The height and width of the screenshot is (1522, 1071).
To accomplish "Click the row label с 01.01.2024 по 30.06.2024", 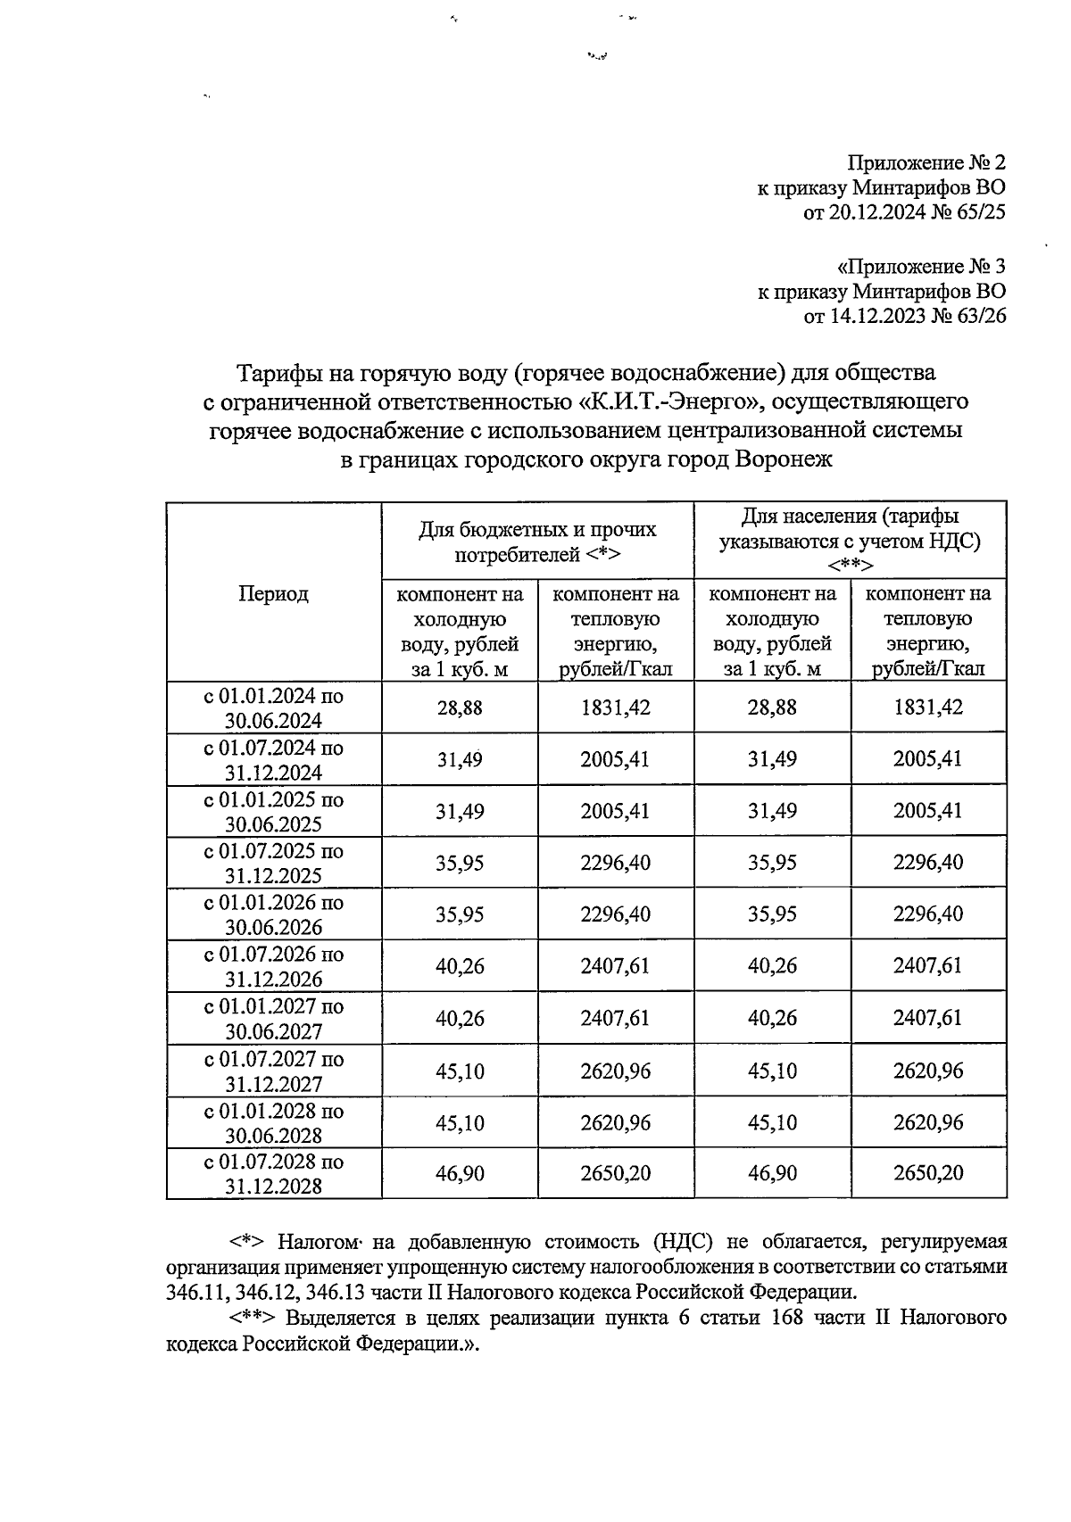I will tap(273, 708).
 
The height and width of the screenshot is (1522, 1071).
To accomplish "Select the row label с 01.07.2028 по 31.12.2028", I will tap(273, 1173).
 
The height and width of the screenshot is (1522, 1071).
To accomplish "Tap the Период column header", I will tap(273, 593).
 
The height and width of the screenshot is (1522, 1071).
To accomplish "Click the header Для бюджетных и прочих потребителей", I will tap(537, 542).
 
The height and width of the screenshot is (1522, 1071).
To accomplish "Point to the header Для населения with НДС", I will tap(850, 541).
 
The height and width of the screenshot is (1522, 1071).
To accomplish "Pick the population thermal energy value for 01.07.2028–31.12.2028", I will tap(928, 1172).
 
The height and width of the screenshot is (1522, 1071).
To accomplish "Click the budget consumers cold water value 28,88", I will tap(460, 708).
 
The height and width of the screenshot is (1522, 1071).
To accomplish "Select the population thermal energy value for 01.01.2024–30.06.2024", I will tap(928, 708).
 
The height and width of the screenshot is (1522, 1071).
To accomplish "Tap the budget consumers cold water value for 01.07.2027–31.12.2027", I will tap(460, 1070).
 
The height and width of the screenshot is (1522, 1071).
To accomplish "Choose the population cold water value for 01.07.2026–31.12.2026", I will tap(772, 966).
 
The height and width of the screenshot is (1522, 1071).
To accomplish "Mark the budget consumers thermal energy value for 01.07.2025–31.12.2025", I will tap(615, 863).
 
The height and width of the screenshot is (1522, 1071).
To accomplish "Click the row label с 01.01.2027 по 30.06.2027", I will tap(273, 1018).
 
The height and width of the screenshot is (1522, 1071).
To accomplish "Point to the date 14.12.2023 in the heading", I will tap(875, 316).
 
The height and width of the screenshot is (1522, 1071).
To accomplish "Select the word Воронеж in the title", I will tap(783, 460).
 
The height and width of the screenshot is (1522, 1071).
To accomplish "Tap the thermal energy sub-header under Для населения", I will tap(928, 631).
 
